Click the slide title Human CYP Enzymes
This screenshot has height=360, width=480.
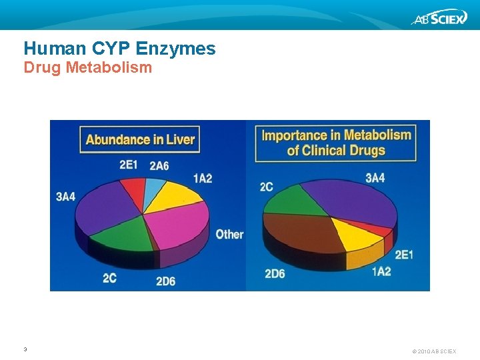coord(119,48)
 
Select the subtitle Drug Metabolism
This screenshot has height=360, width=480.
coord(87,67)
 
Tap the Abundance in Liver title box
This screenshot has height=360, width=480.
coord(140,139)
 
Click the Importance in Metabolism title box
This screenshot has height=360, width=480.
coord(336,142)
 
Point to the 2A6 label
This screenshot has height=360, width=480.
coord(159,166)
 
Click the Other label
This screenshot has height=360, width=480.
coord(229,234)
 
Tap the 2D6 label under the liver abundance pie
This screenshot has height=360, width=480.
coord(165,281)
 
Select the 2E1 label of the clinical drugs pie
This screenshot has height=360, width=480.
coord(404,255)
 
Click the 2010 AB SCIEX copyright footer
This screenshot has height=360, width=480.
coord(434,351)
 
